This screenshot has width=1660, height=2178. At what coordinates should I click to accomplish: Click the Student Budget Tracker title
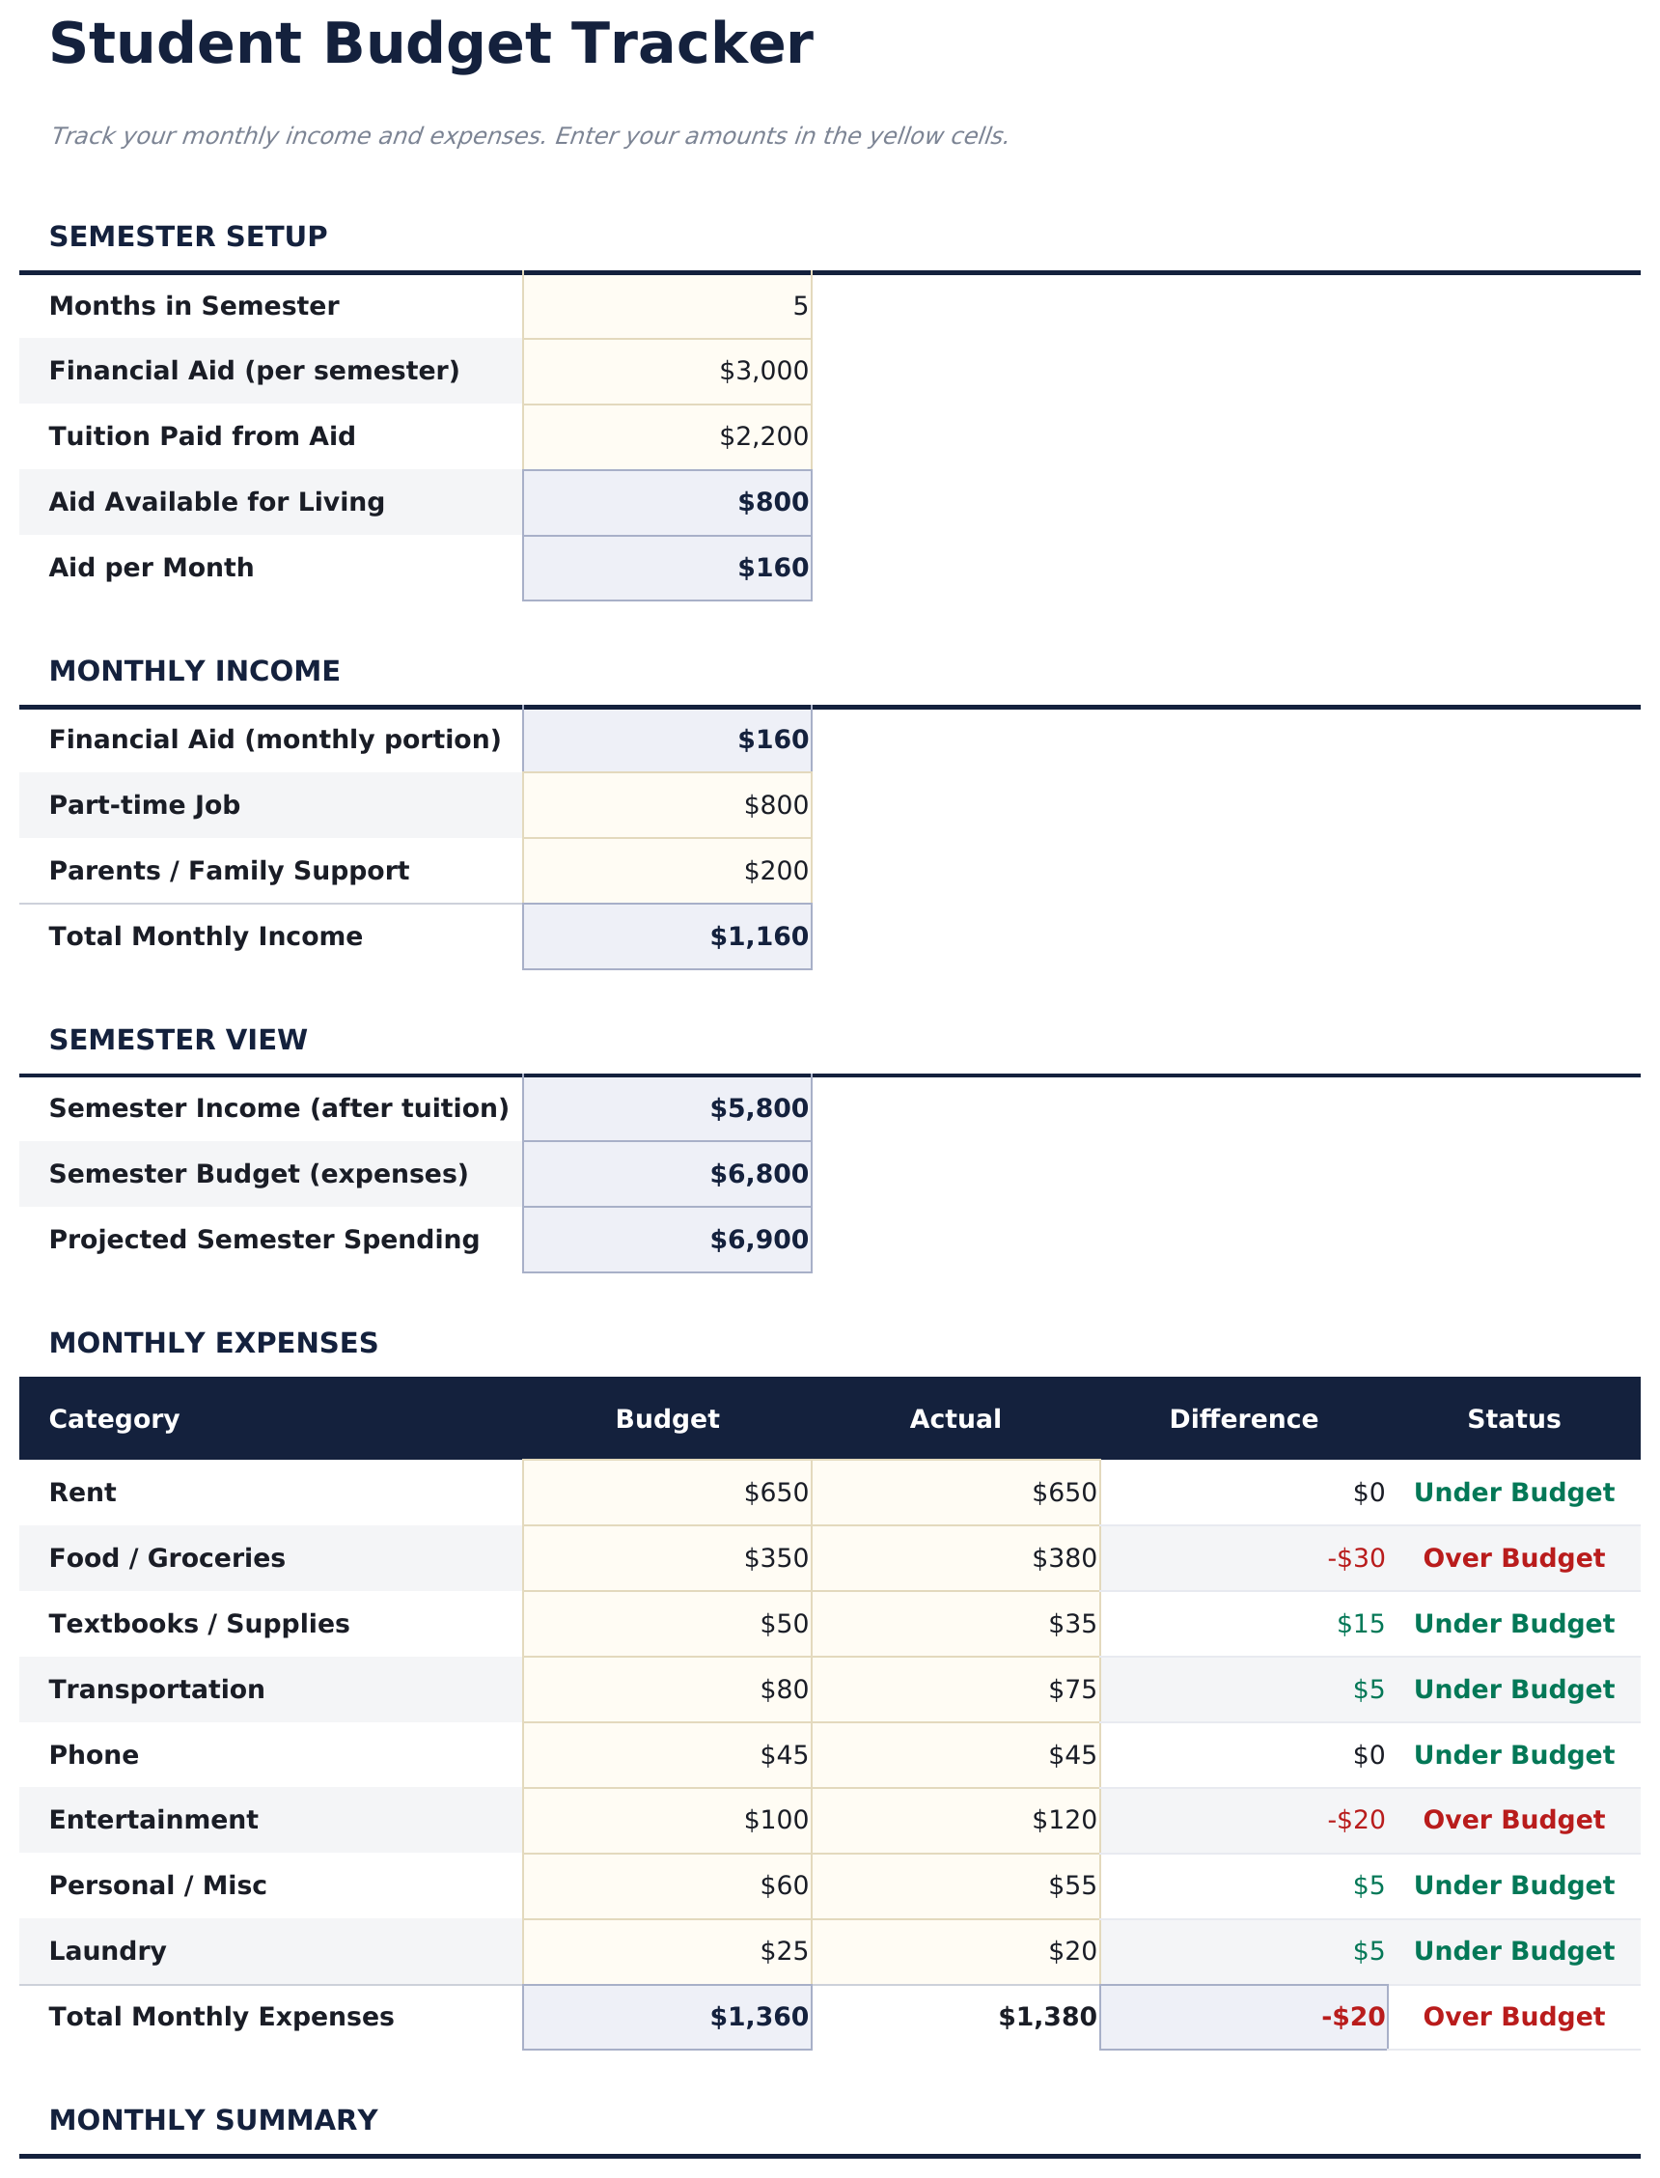click(429, 45)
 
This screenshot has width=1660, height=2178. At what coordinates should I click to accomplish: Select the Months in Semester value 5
click(667, 306)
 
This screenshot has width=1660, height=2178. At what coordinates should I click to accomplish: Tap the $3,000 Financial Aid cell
click(667, 372)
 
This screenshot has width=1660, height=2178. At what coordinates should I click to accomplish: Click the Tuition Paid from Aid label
click(202, 436)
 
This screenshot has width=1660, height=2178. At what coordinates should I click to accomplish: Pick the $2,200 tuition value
click(667, 436)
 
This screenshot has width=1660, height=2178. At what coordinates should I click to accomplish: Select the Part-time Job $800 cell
click(667, 805)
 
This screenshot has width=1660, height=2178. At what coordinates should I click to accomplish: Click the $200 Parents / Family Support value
click(667, 871)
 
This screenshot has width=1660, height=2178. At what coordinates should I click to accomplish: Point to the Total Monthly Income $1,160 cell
click(667, 936)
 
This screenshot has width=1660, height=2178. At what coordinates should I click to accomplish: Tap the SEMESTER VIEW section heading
click(178, 1040)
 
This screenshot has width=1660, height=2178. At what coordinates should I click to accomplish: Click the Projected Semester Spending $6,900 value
click(667, 1240)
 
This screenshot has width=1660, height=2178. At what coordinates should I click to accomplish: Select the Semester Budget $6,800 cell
click(667, 1174)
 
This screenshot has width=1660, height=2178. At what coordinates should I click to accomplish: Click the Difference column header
click(1243, 1419)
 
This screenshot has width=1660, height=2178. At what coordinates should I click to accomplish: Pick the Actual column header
click(954, 1419)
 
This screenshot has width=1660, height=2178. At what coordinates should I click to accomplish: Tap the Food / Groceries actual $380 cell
click(955, 1558)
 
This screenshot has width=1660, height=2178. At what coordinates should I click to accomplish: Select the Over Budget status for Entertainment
click(1512, 1819)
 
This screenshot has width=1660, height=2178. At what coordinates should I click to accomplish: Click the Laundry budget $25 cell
click(667, 1951)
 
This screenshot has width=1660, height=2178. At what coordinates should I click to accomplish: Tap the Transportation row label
click(156, 1689)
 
